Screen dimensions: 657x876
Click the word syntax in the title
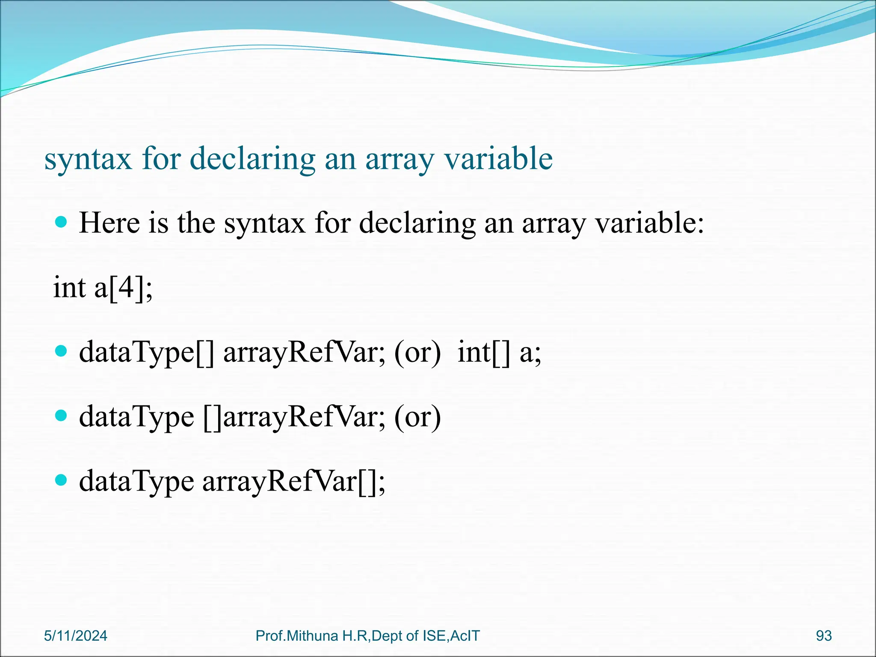88,160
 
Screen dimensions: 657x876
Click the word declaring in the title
252,160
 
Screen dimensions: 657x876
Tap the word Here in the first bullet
109,223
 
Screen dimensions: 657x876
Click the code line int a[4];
103,287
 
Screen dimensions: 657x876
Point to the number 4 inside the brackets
127,287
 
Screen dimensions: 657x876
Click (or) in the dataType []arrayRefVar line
417,417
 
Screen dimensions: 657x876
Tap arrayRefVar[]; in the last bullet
293,482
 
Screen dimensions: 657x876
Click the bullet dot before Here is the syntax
62,222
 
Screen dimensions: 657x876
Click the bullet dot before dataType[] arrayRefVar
62,351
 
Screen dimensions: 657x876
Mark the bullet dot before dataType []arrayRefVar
62,415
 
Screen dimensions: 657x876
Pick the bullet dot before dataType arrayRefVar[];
62,480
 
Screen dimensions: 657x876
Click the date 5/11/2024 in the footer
76,636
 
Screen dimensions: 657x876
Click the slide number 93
824,636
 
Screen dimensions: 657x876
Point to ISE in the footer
435,636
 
